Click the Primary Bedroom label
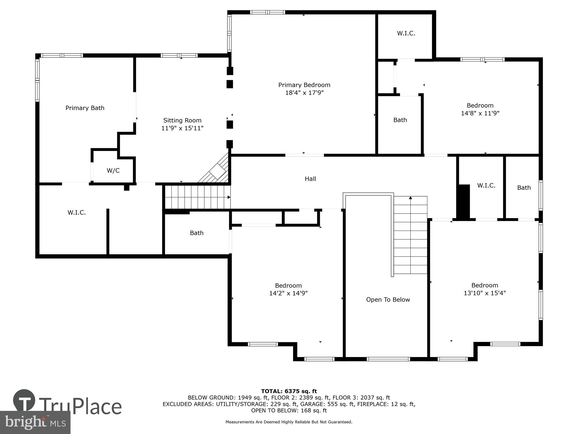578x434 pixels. pyautogui.click(x=304, y=85)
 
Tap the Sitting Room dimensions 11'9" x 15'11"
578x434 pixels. pyautogui.click(x=182, y=128)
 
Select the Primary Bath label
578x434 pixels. pyautogui.click(x=85, y=108)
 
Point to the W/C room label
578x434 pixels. pyautogui.click(x=113, y=170)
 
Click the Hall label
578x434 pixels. pyautogui.click(x=310, y=179)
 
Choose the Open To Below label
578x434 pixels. pyautogui.click(x=388, y=299)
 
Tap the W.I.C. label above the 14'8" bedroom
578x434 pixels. pyautogui.click(x=406, y=33)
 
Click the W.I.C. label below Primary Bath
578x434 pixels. pyautogui.click(x=77, y=212)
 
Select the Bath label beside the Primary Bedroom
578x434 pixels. pyautogui.click(x=400, y=120)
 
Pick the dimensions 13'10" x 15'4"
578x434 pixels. pyautogui.click(x=485, y=293)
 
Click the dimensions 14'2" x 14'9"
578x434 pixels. pyautogui.click(x=288, y=293)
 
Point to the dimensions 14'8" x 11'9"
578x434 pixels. pyautogui.click(x=480, y=113)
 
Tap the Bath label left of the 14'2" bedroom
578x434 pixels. pyautogui.click(x=197, y=233)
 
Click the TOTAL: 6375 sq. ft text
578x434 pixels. pyautogui.click(x=289, y=391)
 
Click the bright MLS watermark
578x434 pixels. pyautogui.click(x=35, y=422)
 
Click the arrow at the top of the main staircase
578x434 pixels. pyautogui.click(x=410, y=198)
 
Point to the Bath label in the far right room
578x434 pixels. pyautogui.click(x=524, y=187)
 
